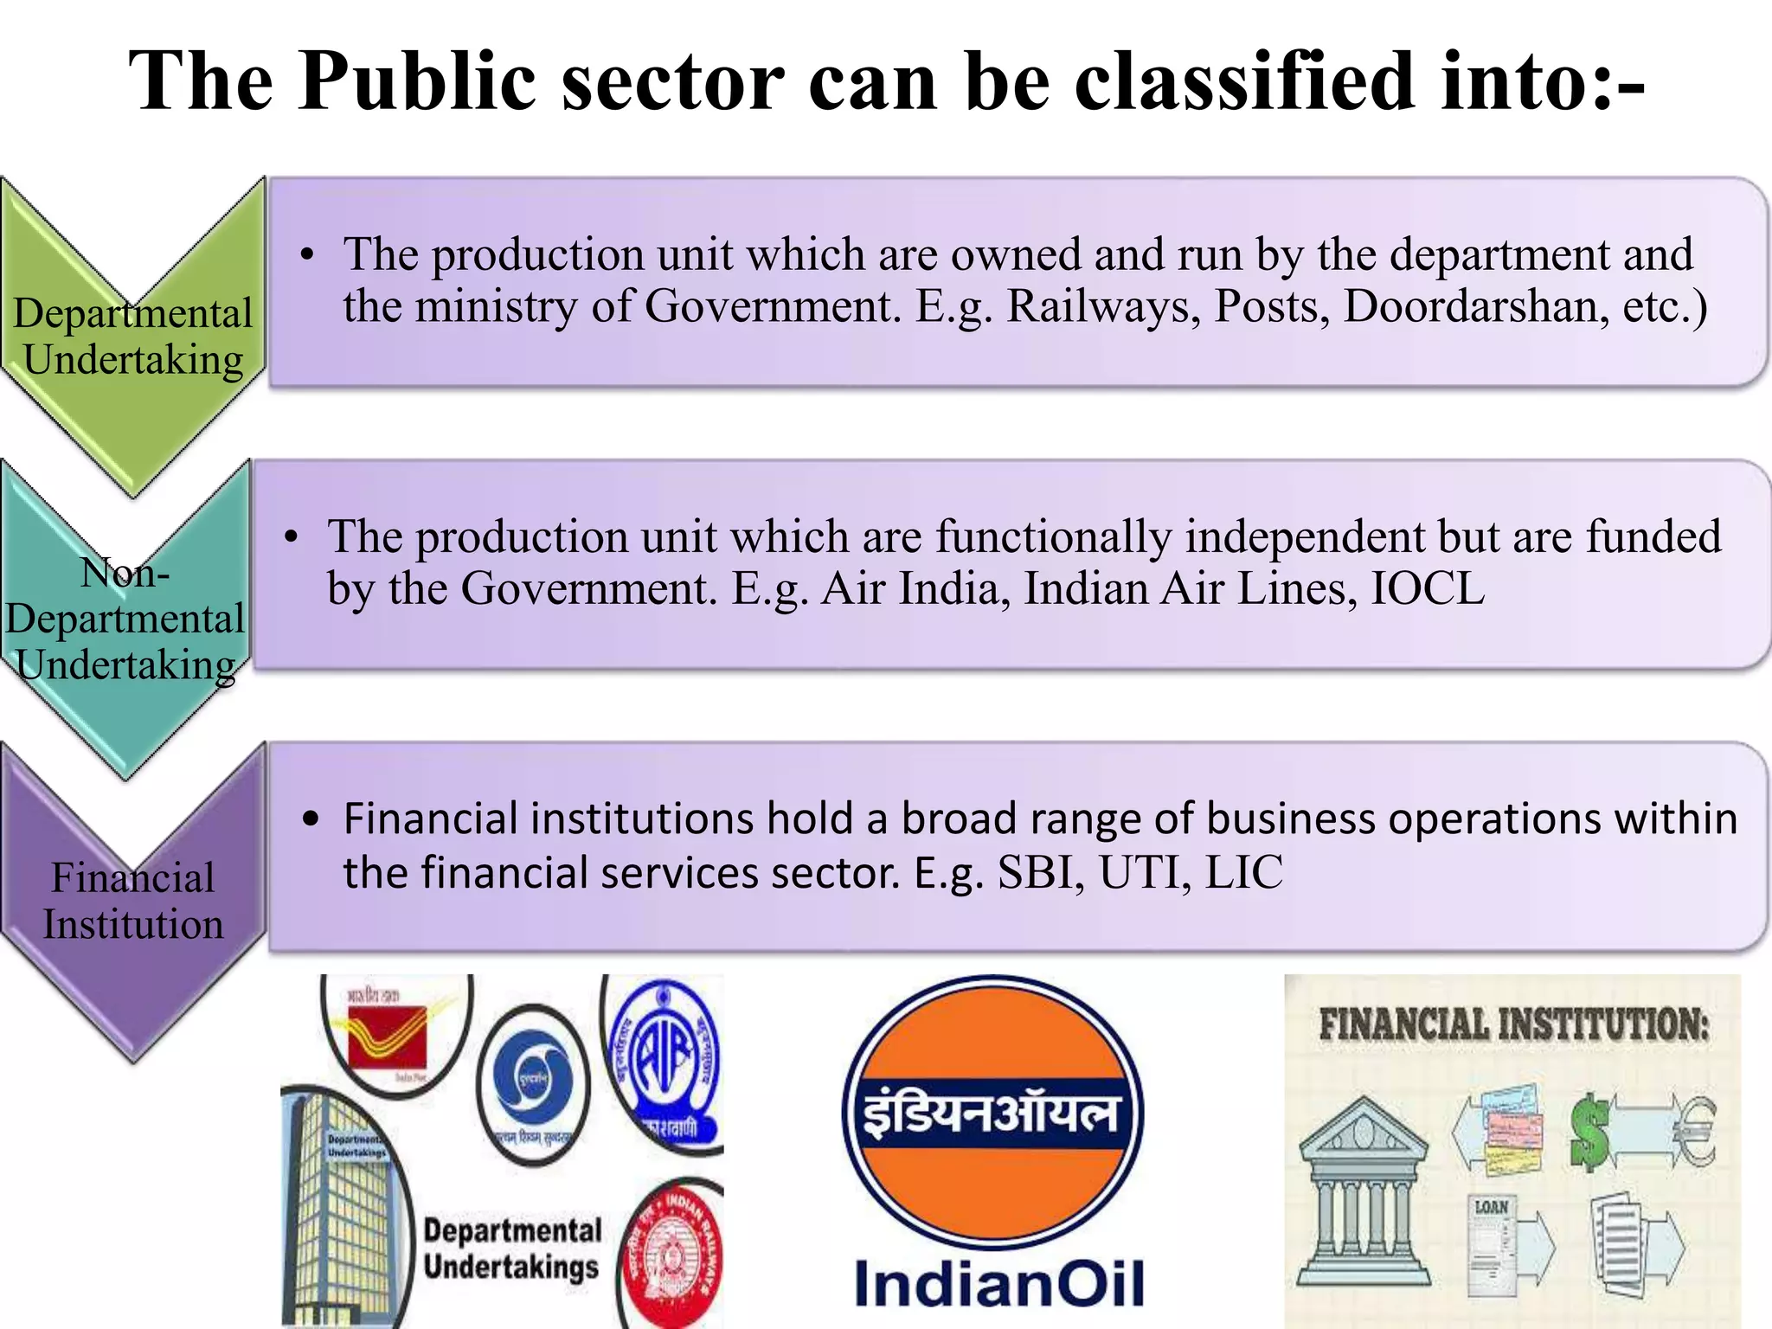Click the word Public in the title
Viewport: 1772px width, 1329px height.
tap(417, 82)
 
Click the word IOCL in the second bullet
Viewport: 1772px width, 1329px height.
tap(1428, 589)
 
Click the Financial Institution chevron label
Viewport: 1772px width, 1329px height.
tap(133, 901)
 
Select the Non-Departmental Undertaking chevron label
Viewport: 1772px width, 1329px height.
tap(126, 619)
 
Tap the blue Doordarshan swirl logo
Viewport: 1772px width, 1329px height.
tap(532, 1082)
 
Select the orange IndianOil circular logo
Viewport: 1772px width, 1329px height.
tap(992, 1112)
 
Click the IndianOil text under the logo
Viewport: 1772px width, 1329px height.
tap(999, 1284)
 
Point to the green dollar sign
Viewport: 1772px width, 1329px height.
tap(1590, 1131)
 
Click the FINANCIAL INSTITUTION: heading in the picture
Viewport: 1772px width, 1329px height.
tap(1514, 1024)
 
